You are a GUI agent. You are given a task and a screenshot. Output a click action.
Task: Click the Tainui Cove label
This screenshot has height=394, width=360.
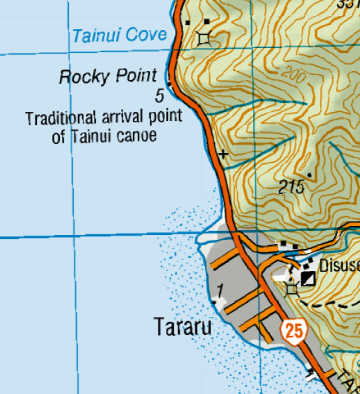120,35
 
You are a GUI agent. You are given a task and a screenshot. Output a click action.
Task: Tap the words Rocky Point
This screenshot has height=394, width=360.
108,76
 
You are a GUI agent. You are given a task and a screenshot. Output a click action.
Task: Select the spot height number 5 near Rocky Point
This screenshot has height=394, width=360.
160,95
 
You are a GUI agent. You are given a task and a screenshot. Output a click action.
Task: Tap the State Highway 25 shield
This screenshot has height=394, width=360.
294,330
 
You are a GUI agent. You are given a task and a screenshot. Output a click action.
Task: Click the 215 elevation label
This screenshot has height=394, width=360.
292,186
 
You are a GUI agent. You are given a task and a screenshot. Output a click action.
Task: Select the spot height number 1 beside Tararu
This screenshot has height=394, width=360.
220,290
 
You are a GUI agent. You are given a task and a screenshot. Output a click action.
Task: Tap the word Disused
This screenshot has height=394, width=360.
339,265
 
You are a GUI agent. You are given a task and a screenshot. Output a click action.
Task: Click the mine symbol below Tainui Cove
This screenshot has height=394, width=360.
204,39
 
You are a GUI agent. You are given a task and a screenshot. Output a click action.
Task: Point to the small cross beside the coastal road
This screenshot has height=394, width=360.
223,153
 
